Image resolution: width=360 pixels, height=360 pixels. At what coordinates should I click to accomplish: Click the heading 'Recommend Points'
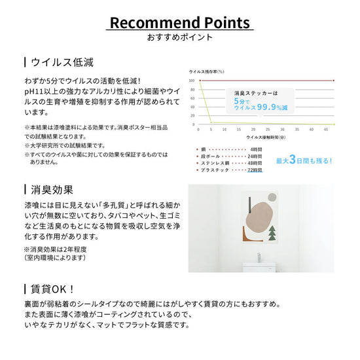(179, 23)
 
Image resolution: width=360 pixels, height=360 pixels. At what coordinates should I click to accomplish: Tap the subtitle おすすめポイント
(180, 37)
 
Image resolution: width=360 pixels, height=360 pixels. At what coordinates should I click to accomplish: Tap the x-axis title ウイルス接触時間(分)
(265, 138)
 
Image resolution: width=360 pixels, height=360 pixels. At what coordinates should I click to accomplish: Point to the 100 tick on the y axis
(191, 81)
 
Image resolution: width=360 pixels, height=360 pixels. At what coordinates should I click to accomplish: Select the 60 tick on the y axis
(192, 98)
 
